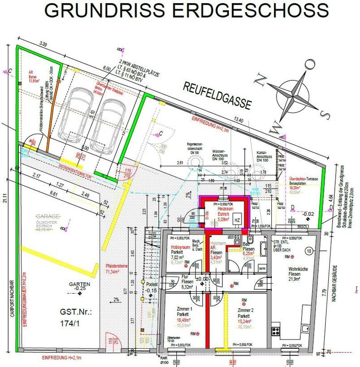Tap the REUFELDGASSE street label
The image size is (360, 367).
click(x=216, y=95)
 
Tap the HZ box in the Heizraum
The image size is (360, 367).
click(x=237, y=220)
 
